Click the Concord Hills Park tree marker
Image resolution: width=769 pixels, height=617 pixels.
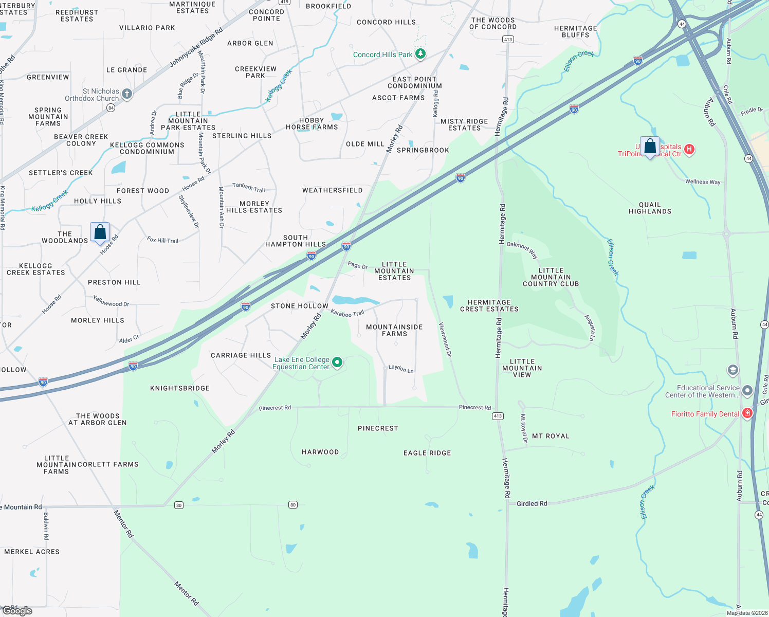point(420,54)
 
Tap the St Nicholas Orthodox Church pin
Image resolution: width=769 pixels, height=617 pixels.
point(127,94)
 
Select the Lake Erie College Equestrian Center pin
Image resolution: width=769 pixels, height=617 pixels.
point(337,362)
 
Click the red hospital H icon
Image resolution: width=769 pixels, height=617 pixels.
point(689,150)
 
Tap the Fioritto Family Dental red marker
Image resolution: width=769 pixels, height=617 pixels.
point(747,413)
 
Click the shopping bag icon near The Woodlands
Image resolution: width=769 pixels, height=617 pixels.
point(100,232)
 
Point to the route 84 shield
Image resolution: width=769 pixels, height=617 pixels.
point(111,107)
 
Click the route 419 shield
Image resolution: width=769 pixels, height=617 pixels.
point(284,2)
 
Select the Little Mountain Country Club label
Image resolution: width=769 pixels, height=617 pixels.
point(551,277)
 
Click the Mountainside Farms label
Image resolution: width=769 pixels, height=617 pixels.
point(394,330)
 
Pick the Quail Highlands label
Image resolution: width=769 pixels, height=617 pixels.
point(650,208)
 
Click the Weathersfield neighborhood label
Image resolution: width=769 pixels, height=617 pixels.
point(332,190)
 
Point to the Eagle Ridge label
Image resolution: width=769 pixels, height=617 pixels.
point(427,453)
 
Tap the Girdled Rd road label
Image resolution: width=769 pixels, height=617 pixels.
point(532,503)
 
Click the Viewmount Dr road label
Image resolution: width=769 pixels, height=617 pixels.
point(445,339)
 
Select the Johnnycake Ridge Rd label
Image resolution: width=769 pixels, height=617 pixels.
point(196,48)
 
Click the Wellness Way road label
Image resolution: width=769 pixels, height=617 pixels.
point(702,182)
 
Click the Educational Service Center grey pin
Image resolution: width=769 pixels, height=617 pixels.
point(747,391)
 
